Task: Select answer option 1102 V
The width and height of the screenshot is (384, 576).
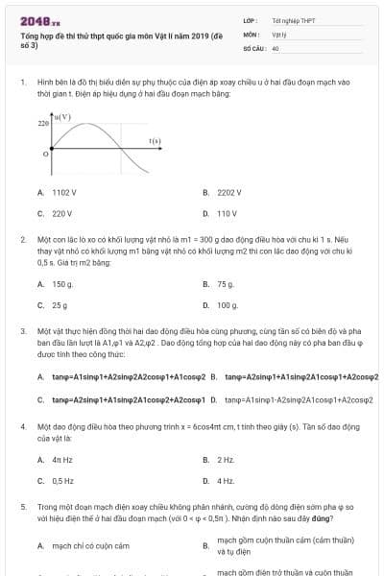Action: point(63,192)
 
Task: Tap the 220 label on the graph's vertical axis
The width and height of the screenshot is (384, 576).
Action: point(43,124)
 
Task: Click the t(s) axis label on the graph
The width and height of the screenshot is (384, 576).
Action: point(155,141)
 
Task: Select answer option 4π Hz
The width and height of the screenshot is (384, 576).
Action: point(62,460)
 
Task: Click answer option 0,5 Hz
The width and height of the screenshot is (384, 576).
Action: point(63,481)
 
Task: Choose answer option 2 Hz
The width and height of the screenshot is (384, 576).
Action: point(226,460)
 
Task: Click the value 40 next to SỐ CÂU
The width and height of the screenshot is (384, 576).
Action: point(276,47)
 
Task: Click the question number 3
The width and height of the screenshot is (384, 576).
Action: point(22,330)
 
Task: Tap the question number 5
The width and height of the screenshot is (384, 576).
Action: point(22,506)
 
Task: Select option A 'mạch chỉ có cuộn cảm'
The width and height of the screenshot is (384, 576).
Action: point(89,546)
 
